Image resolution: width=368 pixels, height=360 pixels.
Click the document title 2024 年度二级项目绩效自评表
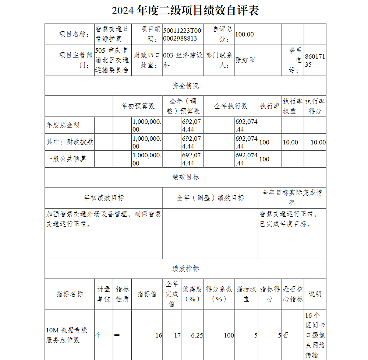coord(185,11)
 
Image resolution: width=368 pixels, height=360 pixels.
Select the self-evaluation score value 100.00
coord(244,34)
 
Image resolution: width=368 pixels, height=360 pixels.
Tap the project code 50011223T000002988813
coord(182,34)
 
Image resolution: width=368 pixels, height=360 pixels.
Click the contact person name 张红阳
coord(245,60)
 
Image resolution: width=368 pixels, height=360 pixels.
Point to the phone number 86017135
coord(315,60)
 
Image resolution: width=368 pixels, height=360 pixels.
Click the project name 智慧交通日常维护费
coord(112,34)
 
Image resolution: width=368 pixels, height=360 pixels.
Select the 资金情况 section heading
coord(185,86)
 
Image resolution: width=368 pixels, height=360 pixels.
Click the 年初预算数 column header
coord(138,106)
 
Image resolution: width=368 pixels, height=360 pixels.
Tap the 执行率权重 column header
coord(293,106)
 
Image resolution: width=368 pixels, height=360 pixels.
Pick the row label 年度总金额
coord(63,125)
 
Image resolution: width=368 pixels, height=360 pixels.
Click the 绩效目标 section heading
coord(185,177)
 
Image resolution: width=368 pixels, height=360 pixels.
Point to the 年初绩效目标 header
coord(104,198)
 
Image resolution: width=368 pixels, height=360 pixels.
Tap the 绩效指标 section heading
coord(185,269)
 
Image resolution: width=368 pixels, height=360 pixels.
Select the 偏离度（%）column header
coord(192,294)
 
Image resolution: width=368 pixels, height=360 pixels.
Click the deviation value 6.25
coord(197,335)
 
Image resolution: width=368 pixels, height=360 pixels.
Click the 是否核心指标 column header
coord(293,294)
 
